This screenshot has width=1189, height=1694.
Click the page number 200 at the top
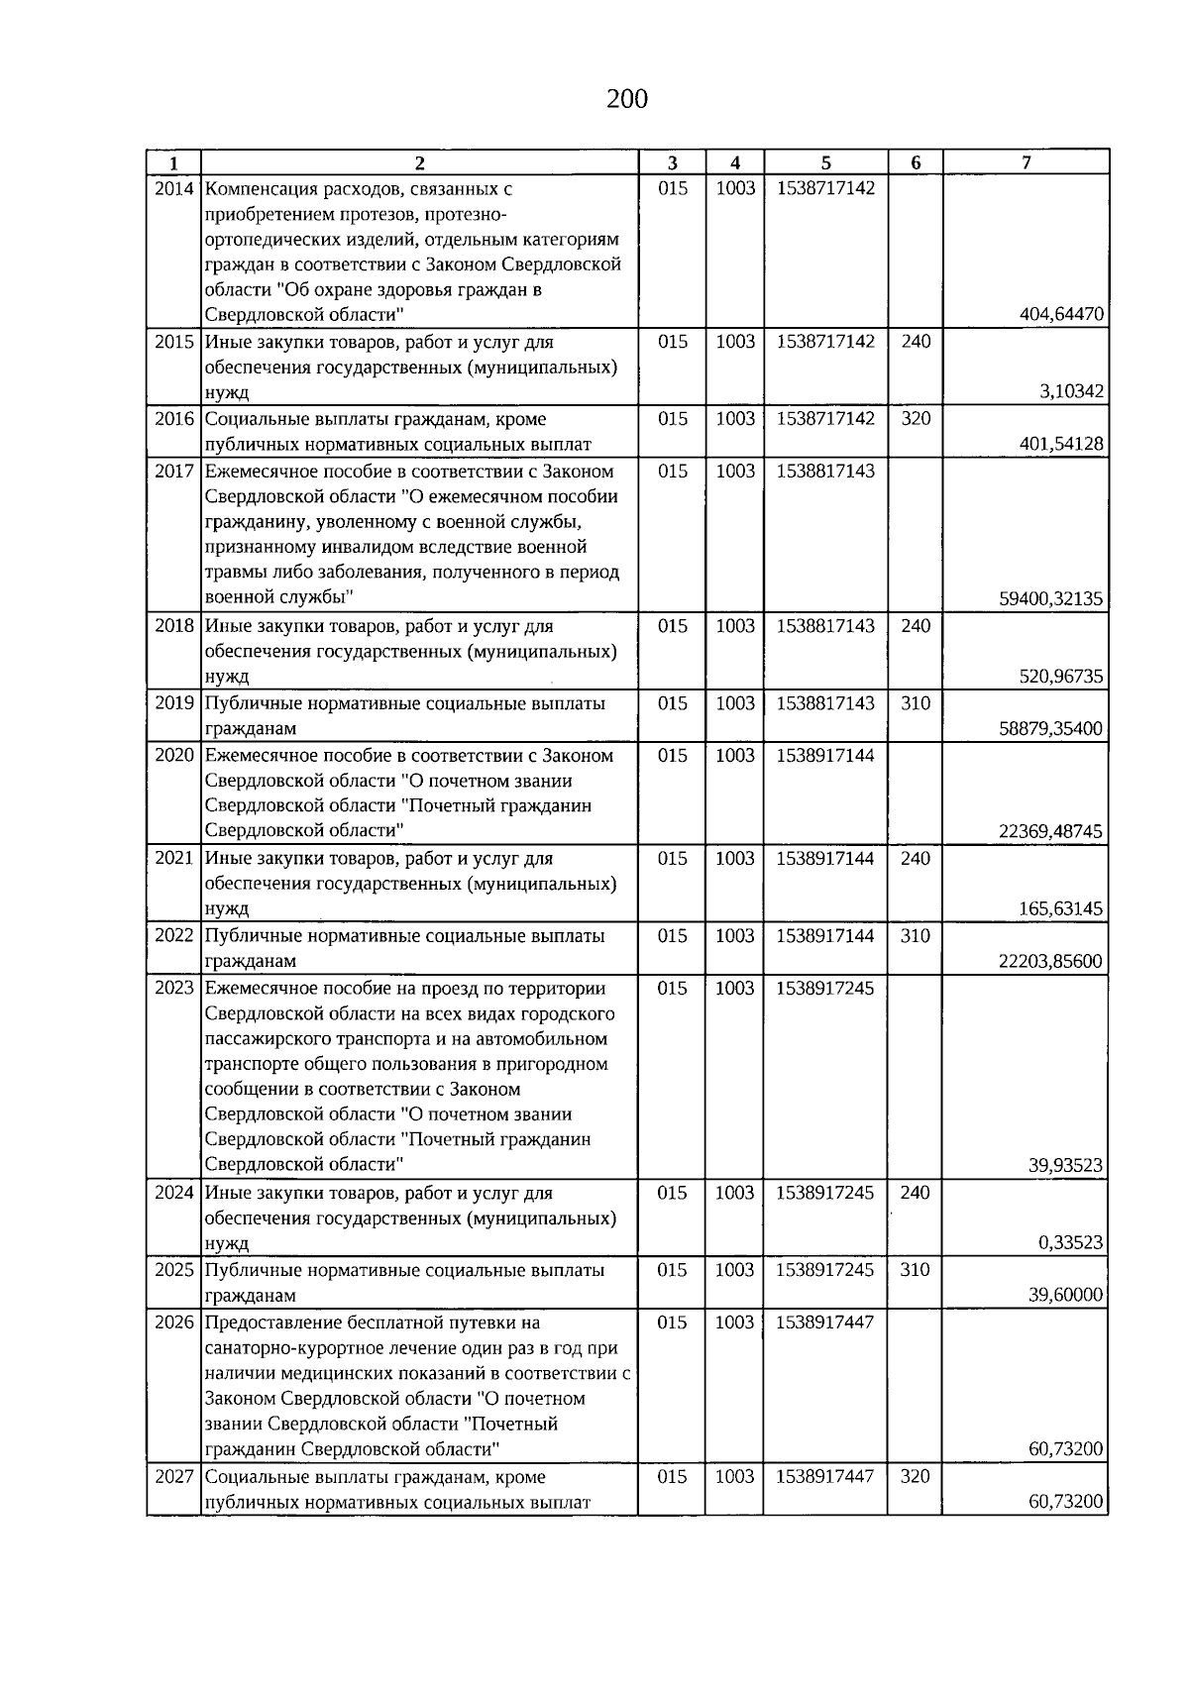[626, 99]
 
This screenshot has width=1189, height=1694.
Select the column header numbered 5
[825, 163]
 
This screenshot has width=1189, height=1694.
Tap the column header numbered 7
[1026, 163]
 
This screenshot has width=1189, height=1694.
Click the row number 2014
[174, 188]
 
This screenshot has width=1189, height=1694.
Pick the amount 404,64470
[1061, 315]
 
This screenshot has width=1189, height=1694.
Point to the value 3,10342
[1071, 392]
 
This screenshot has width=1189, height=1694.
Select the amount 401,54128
[1061, 444]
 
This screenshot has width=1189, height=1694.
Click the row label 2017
[174, 472]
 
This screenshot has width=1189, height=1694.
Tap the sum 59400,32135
[1052, 599]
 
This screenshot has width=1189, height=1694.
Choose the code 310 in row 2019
[916, 703]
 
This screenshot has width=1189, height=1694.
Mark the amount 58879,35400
[1052, 729]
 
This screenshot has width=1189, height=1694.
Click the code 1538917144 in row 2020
[825, 756]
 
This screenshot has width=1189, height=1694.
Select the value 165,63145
[1061, 909]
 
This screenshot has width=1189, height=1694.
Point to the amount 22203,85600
[1052, 961]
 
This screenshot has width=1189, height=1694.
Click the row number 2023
[174, 989]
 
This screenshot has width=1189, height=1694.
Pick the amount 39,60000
[1065, 1296]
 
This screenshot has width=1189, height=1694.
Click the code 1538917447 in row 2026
[825, 1323]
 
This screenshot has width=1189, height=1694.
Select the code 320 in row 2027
[916, 1477]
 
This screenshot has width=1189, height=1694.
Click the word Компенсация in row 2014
[261, 188]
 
